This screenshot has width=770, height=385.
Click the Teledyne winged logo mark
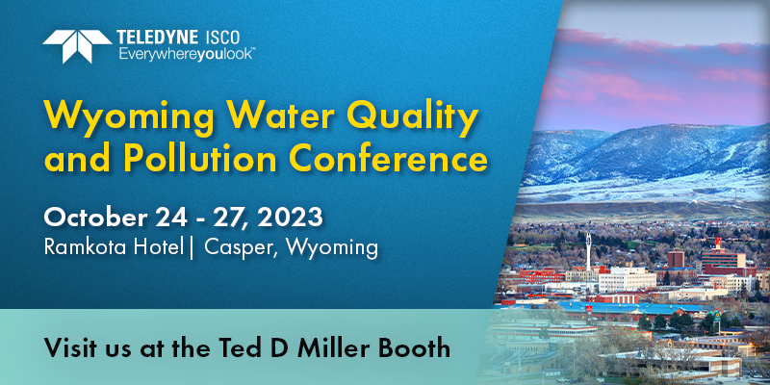click(77, 46)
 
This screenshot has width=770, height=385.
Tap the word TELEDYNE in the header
click(157, 37)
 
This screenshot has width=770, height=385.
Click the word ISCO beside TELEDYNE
click(220, 37)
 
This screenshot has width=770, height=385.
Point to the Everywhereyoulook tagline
click(186, 54)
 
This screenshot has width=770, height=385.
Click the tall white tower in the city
click(588, 251)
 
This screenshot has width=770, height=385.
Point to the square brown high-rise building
click(676, 259)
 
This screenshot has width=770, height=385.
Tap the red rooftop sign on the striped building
click(718, 242)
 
